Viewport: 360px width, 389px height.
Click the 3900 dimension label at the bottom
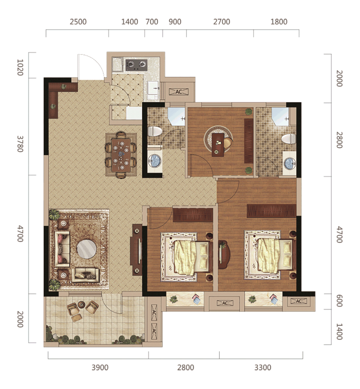100,367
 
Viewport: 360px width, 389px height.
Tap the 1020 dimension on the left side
20,67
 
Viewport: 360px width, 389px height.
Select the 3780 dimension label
20,144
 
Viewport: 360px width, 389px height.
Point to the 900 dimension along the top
175,22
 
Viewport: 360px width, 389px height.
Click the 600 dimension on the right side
339,301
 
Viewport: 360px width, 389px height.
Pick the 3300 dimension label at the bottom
263,367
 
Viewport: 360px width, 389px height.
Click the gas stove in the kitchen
136,65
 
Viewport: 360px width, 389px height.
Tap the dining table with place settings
121,155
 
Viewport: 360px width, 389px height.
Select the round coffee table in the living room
86,248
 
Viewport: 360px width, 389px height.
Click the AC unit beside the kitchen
179,92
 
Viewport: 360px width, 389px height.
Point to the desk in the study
218,145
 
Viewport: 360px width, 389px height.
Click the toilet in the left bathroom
155,131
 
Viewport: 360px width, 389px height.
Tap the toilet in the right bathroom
289,139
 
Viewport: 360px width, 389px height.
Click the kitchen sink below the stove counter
153,88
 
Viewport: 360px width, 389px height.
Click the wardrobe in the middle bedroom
193,215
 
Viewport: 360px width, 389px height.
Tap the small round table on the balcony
81,304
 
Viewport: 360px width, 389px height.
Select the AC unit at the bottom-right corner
299,301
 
